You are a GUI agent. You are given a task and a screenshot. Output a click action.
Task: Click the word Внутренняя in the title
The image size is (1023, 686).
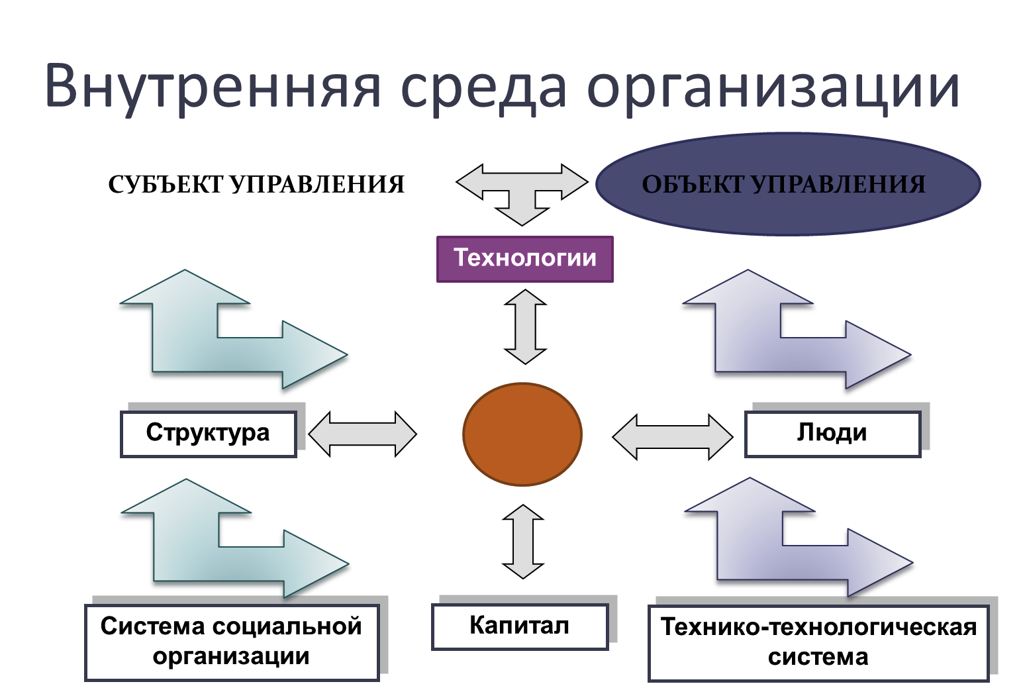(213, 87)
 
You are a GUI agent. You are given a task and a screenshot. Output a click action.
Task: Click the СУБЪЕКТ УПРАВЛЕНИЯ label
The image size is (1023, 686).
(256, 185)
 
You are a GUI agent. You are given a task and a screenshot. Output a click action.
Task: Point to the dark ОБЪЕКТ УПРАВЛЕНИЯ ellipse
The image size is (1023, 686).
(788, 184)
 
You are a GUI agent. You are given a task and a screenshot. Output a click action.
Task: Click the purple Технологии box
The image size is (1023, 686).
(525, 259)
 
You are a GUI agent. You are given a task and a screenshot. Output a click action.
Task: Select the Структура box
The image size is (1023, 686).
(209, 434)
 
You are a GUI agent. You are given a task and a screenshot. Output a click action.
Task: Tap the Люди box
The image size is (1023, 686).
(832, 434)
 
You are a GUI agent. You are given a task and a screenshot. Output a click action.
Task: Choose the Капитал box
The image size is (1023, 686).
(520, 626)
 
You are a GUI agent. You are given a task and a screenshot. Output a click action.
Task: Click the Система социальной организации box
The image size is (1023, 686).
(232, 642)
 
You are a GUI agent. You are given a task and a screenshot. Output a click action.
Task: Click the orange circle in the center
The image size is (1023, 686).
(522, 434)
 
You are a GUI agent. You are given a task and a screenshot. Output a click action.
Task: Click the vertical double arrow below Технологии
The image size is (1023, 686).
(525, 326)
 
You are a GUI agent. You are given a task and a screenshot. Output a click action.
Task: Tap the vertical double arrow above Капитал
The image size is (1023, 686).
(523, 542)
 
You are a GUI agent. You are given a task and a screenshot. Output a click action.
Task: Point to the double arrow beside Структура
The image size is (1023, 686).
(363, 434)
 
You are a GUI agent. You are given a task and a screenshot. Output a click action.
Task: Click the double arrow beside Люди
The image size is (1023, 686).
(673, 436)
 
